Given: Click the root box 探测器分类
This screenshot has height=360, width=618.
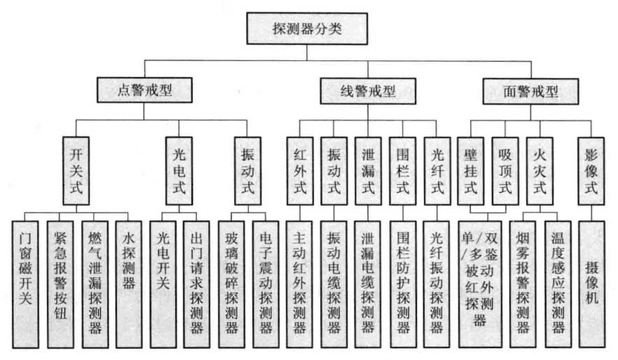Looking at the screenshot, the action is (307, 28).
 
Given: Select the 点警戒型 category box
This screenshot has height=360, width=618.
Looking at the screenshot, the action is (144, 90).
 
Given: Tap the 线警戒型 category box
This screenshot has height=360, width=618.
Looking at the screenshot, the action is (368, 91).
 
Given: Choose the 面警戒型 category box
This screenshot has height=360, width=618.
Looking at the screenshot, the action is (530, 91).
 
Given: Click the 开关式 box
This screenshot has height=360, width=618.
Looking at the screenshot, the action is (76, 171).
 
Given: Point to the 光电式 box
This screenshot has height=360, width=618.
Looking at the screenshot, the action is (179, 171).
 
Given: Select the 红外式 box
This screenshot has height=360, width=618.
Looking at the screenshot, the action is (300, 171).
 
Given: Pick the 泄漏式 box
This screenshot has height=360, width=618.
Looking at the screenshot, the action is (368, 171).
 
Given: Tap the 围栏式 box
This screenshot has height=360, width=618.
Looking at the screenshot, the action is (402, 171).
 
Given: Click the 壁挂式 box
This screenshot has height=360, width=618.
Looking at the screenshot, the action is (471, 171).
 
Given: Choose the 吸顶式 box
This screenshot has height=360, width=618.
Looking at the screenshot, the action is (505, 171).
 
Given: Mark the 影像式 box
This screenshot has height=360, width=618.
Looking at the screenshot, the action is (591, 171).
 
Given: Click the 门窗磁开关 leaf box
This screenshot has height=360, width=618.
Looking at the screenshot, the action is (25, 284).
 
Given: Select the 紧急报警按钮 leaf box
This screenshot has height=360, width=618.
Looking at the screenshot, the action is (60, 284).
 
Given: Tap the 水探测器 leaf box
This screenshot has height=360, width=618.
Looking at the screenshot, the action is (128, 284).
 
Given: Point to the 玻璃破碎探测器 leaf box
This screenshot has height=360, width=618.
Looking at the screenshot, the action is (231, 284).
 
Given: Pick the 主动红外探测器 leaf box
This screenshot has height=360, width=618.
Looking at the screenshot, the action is (299, 284).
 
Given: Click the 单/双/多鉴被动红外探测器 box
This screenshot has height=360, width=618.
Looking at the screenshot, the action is (480, 284).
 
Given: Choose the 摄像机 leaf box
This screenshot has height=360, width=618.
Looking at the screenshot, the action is (592, 284).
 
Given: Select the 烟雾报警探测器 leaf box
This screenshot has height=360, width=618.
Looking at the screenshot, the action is (523, 284).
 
